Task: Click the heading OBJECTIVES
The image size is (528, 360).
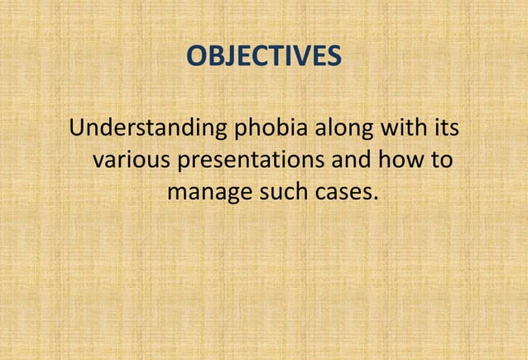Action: click(263, 56)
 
